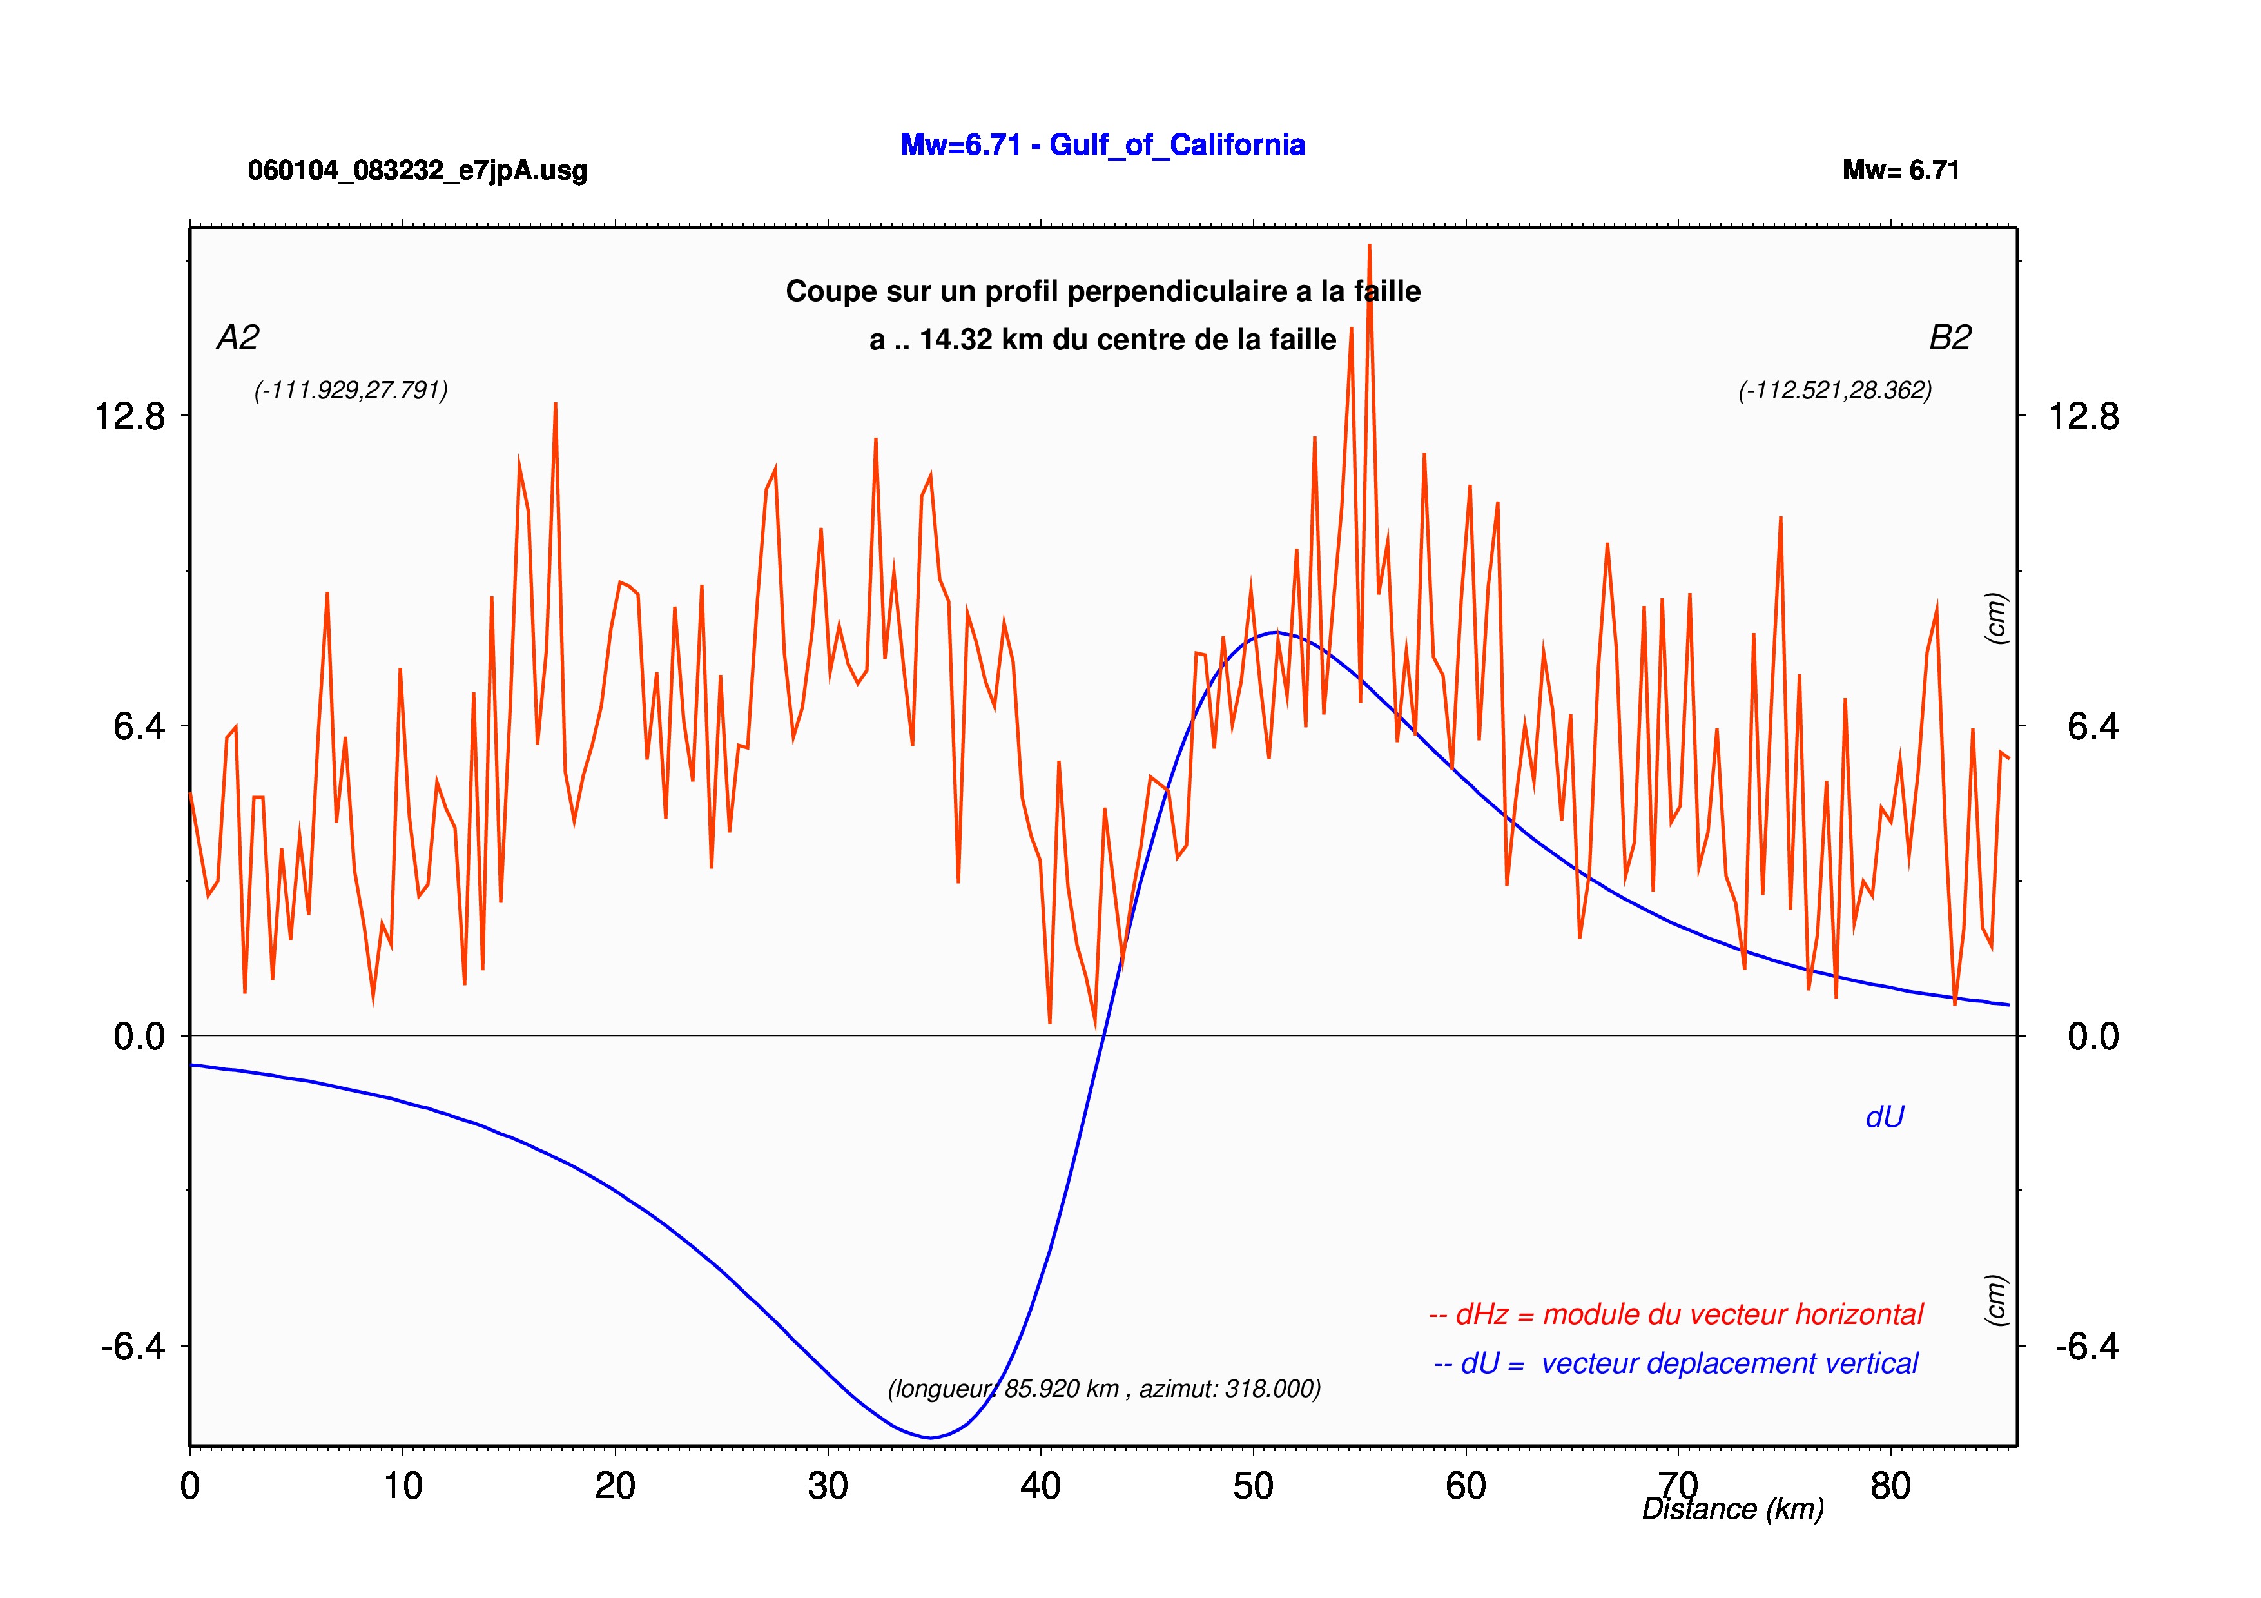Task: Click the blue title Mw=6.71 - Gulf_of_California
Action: point(1103,146)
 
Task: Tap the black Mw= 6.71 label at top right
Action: point(1901,170)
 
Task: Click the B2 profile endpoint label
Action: point(1950,338)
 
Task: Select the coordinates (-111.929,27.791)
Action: point(351,391)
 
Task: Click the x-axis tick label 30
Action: point(828,1486)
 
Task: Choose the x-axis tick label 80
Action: point(1891,1486)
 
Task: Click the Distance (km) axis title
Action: point(1733,1510)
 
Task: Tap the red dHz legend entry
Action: point(1675,1314)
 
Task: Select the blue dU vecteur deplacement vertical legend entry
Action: point(1676,1363)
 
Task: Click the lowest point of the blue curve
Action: point(929,1437)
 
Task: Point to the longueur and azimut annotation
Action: point(1104,1389)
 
